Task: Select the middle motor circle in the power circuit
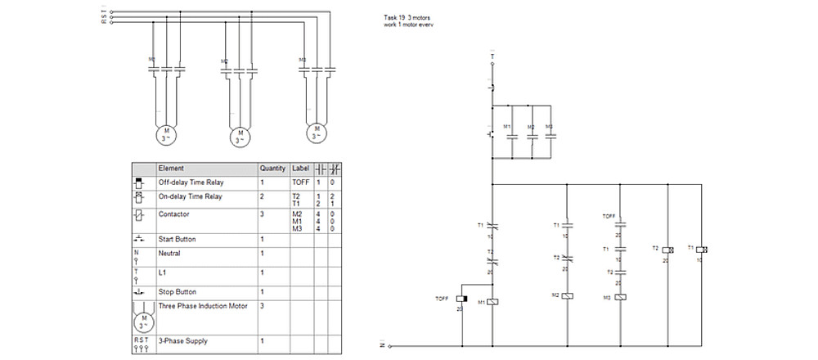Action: point(240,136)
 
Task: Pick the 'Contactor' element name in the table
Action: point(173,214)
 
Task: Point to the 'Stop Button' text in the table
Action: point(178,291)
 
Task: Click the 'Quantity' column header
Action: point(272,168)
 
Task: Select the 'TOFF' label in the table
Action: point(301,182)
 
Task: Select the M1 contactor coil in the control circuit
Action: point(492,301)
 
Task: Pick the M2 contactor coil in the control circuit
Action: point(568,295)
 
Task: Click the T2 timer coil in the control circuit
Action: point(667,247)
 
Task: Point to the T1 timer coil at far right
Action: point(702,247)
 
